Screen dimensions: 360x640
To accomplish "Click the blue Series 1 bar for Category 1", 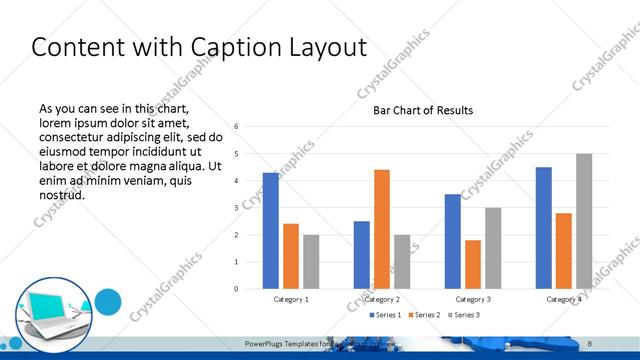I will [x=271, y=231].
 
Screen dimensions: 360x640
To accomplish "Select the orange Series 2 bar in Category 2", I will [x=382, y=229].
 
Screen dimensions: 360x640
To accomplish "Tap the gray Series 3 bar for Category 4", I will [x=584, y=221].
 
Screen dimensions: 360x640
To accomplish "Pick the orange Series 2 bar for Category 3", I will [x=473, y=264].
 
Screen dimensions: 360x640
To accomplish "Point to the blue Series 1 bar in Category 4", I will [x=544, y=228].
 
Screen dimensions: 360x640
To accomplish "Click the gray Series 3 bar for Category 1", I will [x=311, y=262].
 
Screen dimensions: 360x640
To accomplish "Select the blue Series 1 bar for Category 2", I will [x=362, y=255].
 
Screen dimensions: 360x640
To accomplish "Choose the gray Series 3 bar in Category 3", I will [x=493, y=248].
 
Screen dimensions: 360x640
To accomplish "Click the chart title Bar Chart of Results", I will [x=423, y=110].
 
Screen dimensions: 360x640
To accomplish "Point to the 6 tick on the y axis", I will [x=236, y=127].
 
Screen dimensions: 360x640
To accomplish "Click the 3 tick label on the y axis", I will [x=236, y=208].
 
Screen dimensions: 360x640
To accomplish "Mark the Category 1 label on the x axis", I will [x=291, y=299].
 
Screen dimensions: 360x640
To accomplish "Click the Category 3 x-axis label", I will [x=473, y=299].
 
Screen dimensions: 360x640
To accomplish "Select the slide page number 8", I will [x=590, y=343].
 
